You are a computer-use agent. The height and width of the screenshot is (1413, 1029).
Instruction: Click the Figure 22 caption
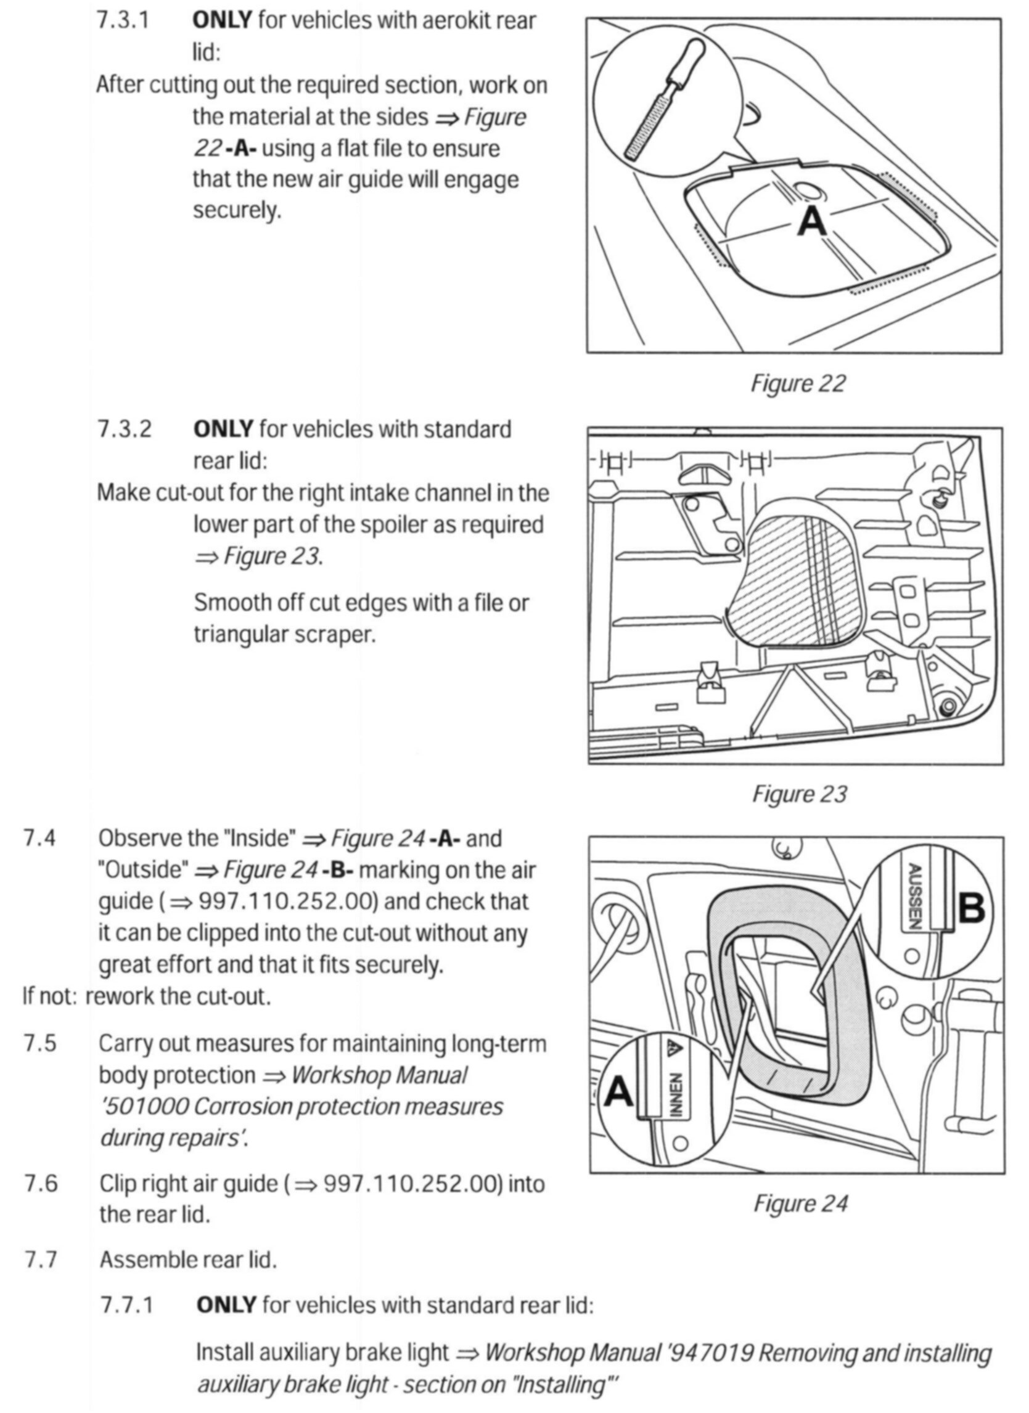pos(798,383)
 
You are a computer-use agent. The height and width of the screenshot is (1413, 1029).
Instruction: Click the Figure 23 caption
pos(800,794)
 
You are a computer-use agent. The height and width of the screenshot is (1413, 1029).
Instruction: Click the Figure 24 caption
pos(800,1203)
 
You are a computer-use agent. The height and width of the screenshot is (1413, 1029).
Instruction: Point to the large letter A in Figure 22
pos(812,221)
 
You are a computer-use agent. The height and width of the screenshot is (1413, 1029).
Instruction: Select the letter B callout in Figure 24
pos(972,909)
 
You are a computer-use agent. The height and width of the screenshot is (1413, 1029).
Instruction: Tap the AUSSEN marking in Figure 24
pos(914,897)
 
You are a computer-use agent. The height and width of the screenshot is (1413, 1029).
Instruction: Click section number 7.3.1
pos(123,20)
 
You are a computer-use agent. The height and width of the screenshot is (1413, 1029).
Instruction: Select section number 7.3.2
pos(124,430)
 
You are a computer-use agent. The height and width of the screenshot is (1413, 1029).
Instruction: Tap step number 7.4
pos(39,838)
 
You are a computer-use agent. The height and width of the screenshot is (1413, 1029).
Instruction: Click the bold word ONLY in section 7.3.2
pos(223,430)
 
